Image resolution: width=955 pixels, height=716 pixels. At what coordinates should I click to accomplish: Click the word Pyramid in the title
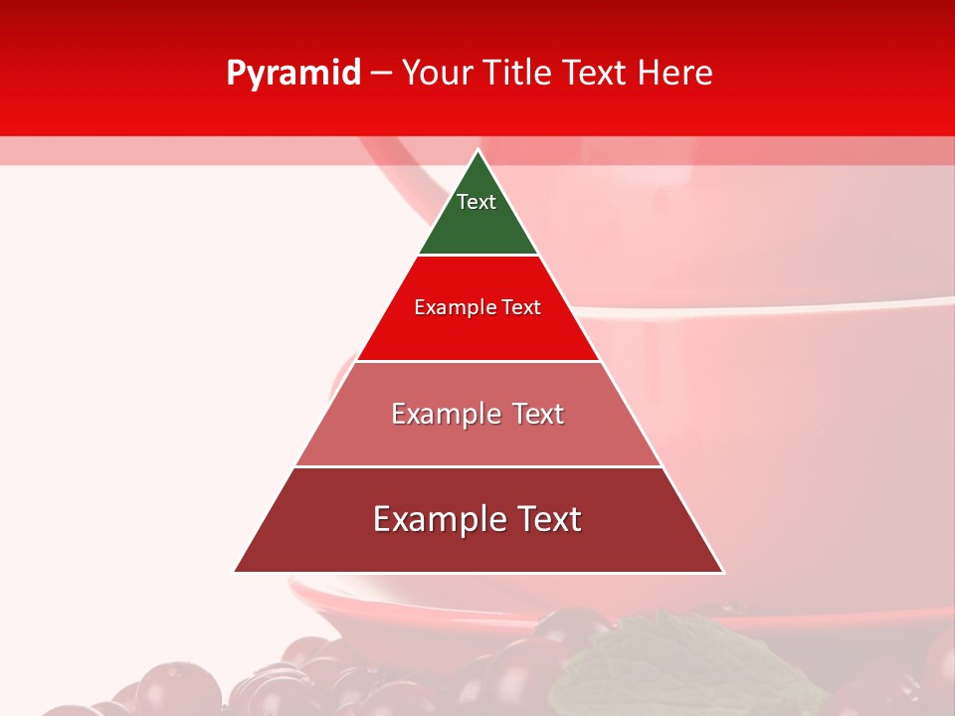[292, 74]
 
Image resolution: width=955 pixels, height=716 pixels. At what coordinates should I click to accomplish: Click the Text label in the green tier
[477, 202]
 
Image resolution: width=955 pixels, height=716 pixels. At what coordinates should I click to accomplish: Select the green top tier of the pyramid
[477, 229]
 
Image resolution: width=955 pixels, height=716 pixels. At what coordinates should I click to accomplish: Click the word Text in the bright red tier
[521, 308]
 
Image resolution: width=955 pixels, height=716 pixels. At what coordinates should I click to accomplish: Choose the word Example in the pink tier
[435, 414]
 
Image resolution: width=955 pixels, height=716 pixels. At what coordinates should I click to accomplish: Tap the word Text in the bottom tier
[546, 519]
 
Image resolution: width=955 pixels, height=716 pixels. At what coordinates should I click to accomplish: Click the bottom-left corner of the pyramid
[236, 571]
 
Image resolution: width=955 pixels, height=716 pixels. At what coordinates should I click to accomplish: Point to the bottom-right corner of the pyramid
[722, 571]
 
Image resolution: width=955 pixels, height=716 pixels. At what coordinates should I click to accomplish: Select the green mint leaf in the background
[637, 656]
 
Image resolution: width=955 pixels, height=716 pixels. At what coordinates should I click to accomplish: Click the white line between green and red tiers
[477, 256]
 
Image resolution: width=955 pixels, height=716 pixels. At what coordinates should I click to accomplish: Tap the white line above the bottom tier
[477, 466]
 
